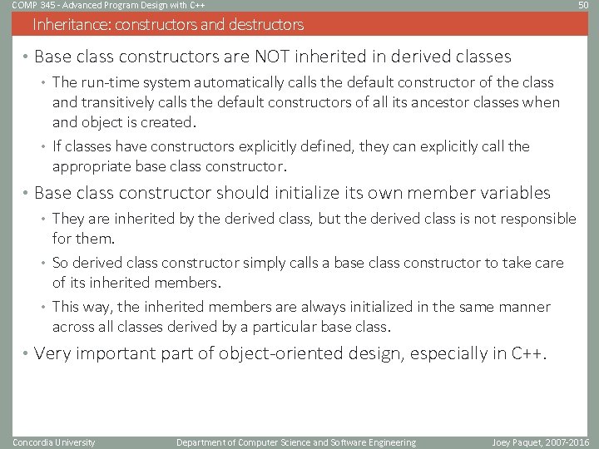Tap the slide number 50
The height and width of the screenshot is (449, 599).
pyautogui.click(x=583, y=6)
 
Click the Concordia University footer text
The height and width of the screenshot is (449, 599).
pyautogui.click(x=54, y=442)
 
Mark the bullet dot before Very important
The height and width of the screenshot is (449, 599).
pyautogui.click(x=27, y=353)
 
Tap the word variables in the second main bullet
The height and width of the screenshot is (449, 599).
pyautogui.click(x=513, y=193)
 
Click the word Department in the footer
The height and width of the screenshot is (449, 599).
pyautogui.click(x=204, y=442)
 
